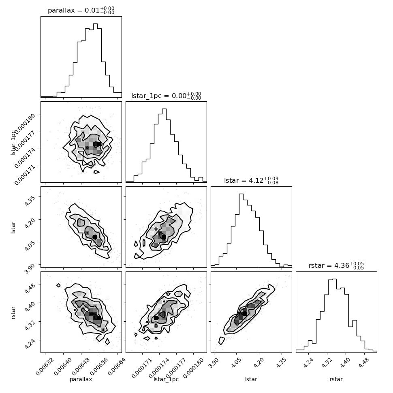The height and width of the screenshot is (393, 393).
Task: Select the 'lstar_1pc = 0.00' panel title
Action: (159, 96)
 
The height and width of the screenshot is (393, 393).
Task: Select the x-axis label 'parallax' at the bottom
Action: (81, 379)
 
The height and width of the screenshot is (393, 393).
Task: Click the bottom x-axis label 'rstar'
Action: (336, 379)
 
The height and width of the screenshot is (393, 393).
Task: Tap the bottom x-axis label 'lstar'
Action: (251, 379)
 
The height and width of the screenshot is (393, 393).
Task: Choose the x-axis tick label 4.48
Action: (364, 363)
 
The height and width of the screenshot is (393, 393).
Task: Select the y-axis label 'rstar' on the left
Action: (13, 312)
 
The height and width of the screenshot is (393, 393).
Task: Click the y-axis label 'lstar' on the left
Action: (13, 228)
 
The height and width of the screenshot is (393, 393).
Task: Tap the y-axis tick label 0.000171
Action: (25, 175)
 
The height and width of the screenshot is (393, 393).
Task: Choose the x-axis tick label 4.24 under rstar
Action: (308, 363)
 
